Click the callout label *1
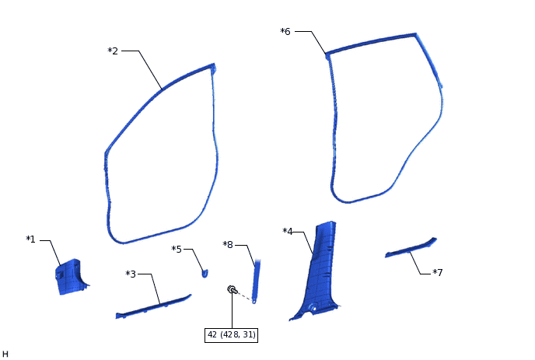pyautogui.click(x=30, y=239)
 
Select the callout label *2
pyautogui.click(x=113, y=51)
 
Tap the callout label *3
pyautogui.click(x=131, y=274)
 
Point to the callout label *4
pyautogui.click(x=288, y=231)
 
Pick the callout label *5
pyautogui.click(x=177, y=249)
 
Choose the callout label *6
pyautogui.click(x=285, y=32)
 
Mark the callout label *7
pyautogui.click(x=438, y=273)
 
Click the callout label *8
pyautogui.click(x=228, y=245)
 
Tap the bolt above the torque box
pyautogui.click(x=232, y=289)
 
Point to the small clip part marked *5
pyautogui.click(x=205, y=272)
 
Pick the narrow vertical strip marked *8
pyautogui.click(x=257, y=277)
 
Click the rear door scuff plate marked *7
pyautogui.click(x=411, y=248)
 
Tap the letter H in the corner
pyautogui.click(x=5, y=354)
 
